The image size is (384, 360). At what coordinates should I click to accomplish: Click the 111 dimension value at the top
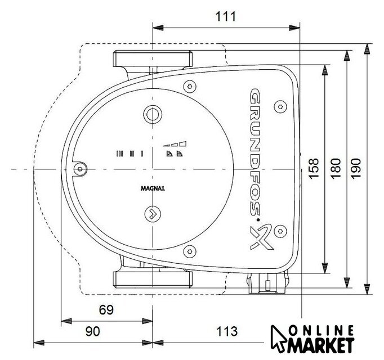(x=226, y=17)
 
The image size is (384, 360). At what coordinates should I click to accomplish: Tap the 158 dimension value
(x=314, y=168)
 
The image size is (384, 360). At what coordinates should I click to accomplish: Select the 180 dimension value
(x=336, y=168)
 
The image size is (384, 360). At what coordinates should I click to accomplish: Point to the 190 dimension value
(x=356, y=168)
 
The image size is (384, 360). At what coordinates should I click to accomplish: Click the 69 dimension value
(x=106, y=310)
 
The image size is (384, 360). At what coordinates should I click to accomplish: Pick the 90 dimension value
(x=93, y=331)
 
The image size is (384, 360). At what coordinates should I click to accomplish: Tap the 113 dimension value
(x=227, y=331)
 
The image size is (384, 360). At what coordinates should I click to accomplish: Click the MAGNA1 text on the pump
(x=153, y=188)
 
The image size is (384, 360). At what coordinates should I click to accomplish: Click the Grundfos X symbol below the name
(x=261, y=237)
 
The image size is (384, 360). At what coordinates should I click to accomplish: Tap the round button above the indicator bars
(x=153, y=114)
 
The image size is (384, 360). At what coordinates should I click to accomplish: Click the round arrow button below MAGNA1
(x=153, y=214)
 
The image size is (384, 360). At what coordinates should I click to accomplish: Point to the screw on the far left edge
(x=80, y=169)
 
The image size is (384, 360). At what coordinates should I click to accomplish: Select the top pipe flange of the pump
(x=153, y=58)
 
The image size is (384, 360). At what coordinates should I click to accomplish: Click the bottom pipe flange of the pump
(x=153, y=280)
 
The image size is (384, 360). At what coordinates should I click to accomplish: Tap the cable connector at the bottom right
(x=267, y=283)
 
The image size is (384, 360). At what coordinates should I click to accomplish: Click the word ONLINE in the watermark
(x=322, y=331)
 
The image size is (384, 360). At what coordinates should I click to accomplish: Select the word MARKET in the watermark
(x=321, y=345)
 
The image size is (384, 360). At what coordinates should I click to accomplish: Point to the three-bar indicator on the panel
(x=120, y=154)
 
